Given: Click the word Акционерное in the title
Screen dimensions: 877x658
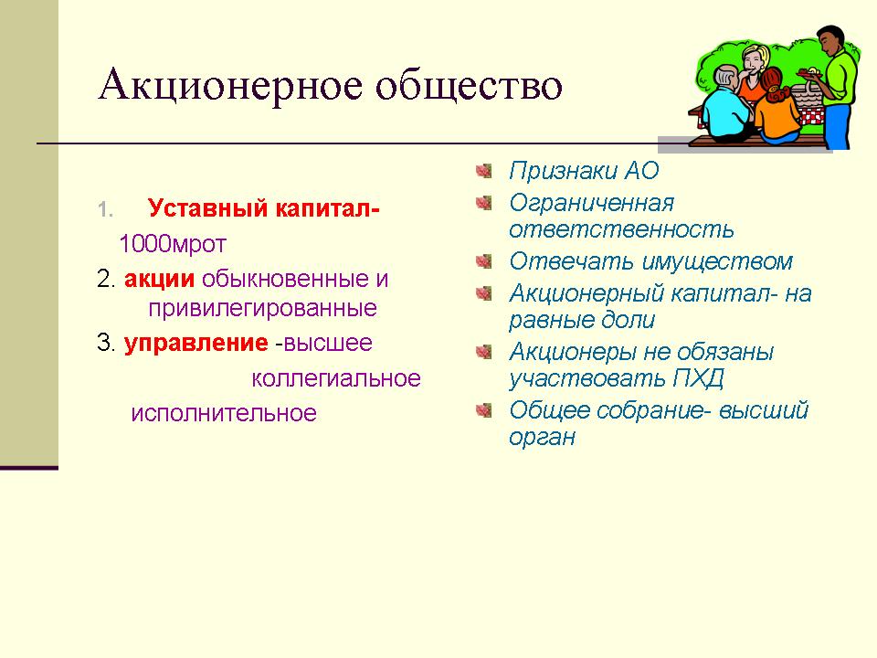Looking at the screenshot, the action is pos(230,85).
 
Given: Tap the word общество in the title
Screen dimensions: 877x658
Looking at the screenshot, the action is pos(469,85).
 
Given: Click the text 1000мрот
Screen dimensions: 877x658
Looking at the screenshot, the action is pos(173,244).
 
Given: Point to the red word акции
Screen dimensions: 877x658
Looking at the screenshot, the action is pos(159,280).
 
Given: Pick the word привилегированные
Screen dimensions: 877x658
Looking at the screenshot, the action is pos(262,309).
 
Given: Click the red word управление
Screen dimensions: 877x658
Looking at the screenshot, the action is pos(195,343).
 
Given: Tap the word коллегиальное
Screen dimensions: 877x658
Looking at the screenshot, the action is pos(336,378).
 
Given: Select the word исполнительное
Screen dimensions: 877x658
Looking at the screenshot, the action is pos(224,413).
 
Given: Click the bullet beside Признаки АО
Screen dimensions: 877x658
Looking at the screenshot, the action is pos(484,170).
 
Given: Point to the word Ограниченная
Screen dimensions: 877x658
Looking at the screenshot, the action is pos(591,203).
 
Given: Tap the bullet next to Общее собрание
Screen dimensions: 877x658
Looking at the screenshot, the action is pos(484,410).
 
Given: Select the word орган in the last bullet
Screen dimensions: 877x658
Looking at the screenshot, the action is pos(542,438).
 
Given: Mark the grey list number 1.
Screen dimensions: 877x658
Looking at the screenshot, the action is pos(104,210).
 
